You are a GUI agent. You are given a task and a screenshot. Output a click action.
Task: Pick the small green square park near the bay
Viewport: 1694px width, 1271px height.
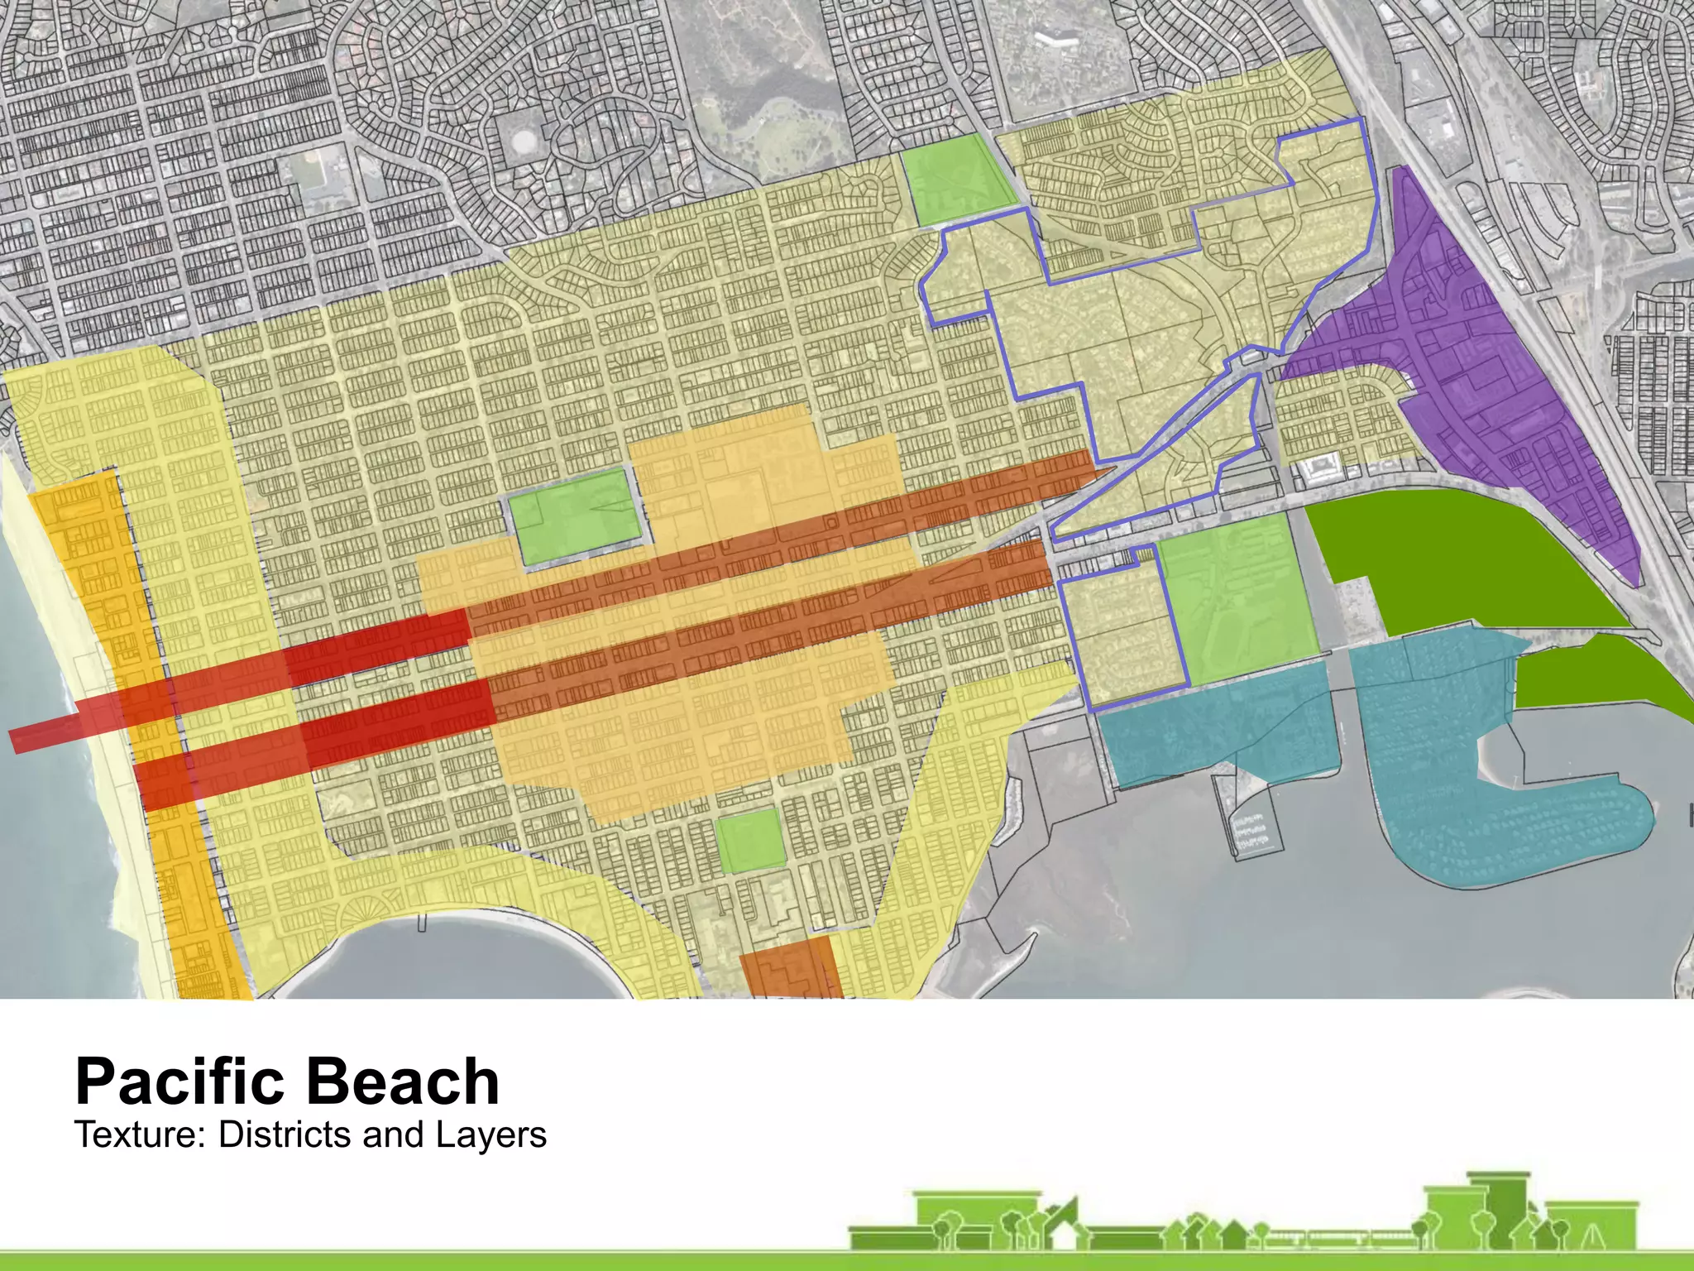[749, 841]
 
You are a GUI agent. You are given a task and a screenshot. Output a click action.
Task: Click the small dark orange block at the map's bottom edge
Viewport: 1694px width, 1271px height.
[790, 968]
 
